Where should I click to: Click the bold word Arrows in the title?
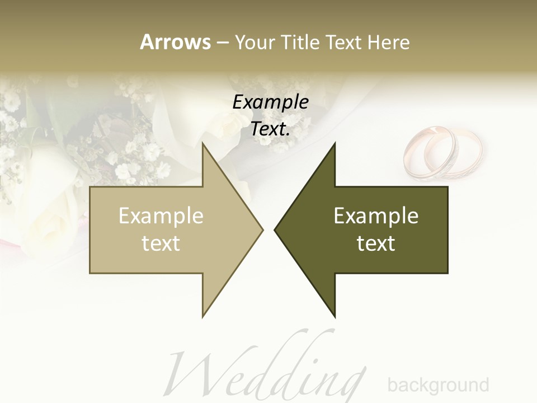pyautogui.click(x=175, y=42)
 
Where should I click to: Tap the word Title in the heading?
pyautogui.click(x=299, y=42)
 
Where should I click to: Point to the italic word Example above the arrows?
pyautogui.click(x=270, y=102)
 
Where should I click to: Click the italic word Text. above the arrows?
pyautogui.click(x=270, y=129)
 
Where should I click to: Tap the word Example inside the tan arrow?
pyautogui.click(x=161, y=216)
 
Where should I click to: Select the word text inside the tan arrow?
pyautogui.click(x=161, y=243)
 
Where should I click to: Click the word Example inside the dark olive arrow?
pyautogui.click(x=376, y=216)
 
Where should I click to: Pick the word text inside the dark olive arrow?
pyautogui.click(x=376, y=243)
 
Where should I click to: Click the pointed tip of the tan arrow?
pyautogui.click(x=262, y=229)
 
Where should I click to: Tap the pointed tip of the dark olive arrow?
pyautogui.click(x=276, y=229)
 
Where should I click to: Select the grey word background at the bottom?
pyautogui.click(x=438, y=385)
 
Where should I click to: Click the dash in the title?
pyautogui.click(x=222, y=43)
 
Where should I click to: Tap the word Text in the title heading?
pyautogui.click(x=343, y=42)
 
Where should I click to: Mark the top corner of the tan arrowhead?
pyautogui.click(x=203, y=144)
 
